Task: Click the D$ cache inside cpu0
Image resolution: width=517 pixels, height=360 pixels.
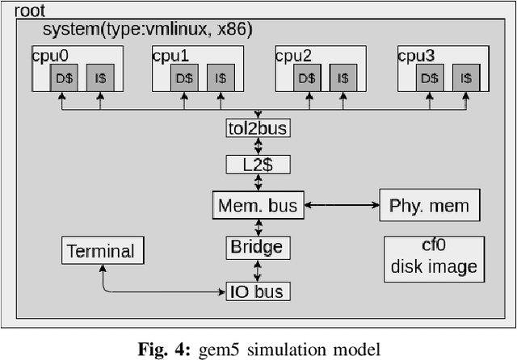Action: click(x=61, y=78)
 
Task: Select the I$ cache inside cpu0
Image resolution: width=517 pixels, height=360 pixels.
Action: click(x=100, y=78)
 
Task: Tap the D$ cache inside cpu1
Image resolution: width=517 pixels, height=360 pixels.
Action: click(x=183, y=78)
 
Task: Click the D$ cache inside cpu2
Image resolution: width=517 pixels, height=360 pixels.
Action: click(x=305, y=78)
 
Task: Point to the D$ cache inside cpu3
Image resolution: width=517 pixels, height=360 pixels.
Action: click(x=429, y=78)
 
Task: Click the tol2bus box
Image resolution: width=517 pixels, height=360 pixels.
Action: click(x=258, y=128)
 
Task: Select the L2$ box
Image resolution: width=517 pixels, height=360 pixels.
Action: click(x=258, y=165)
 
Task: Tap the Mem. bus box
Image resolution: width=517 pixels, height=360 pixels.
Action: click(x=258, y=205)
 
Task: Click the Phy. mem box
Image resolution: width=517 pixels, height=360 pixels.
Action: click(x=429, y=205)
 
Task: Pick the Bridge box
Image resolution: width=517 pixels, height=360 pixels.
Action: click(x=258, y=247)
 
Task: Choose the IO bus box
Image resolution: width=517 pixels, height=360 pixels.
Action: click(x=258, y=291)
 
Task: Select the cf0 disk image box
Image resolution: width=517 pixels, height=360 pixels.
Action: click(x=434, y=259)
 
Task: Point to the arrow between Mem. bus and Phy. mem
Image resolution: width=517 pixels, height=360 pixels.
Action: click(x=340, y=205)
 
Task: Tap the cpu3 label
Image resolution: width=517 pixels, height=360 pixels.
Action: click(x=415, y=56)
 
